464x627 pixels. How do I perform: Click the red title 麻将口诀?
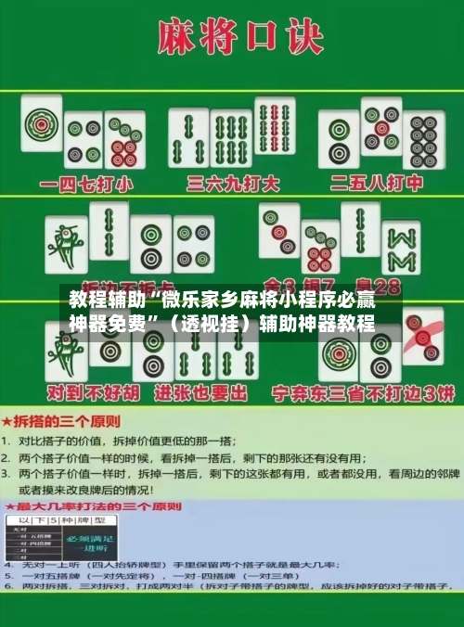pos(233,38)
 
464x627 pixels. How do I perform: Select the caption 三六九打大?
pos(233,184)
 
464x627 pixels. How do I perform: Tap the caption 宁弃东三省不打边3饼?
pos(362,393)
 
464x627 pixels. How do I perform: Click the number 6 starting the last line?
pos(7,587)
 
